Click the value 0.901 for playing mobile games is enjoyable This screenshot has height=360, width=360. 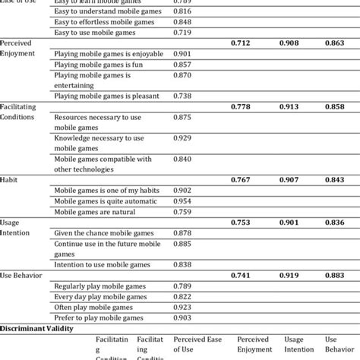click(182, 54)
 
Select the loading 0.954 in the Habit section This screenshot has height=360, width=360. click(182, 201)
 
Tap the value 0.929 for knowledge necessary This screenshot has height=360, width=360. click(182, 137)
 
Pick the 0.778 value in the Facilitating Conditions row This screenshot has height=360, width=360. click(242, 107)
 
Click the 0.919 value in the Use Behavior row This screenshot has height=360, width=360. click(289, 274)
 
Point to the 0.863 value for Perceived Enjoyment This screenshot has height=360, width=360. click(335, 43)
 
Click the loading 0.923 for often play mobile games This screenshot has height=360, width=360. click(182, 306)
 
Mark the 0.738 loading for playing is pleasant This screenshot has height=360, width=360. click(182, 96)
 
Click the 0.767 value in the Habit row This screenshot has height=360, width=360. click(242, 181)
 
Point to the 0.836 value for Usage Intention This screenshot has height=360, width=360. click(335, 223)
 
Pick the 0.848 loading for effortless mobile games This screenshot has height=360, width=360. click(182, 23)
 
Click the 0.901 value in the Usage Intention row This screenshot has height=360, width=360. click(289, 223)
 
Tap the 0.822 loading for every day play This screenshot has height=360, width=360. click(182, 295)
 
